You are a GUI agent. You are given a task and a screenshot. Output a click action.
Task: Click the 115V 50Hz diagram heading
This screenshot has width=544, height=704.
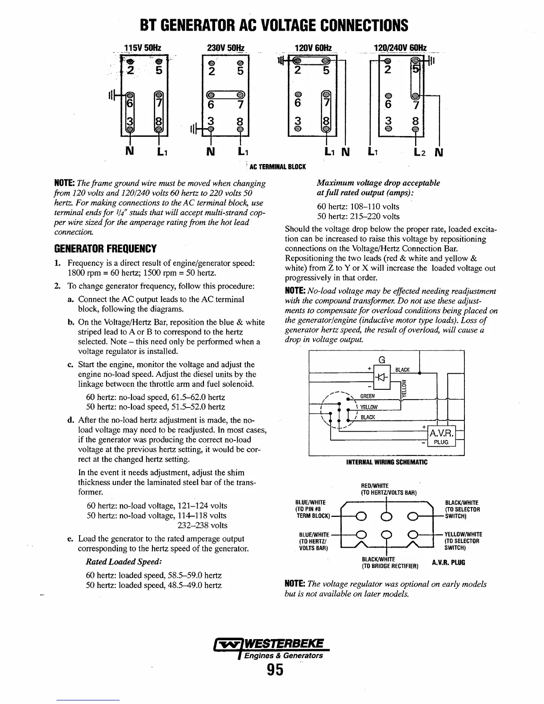[142, 48]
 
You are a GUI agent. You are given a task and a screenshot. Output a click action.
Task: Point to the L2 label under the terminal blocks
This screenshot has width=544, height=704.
[420, 153]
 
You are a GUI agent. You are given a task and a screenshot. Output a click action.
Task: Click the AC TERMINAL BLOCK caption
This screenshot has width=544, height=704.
[277, 167]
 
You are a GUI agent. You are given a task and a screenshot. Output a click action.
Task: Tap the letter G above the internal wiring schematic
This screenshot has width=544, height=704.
[381, 360]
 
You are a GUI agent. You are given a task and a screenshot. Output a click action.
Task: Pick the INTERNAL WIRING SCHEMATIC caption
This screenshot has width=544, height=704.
[387, 462]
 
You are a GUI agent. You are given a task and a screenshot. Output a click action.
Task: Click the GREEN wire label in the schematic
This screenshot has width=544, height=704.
[367, 396]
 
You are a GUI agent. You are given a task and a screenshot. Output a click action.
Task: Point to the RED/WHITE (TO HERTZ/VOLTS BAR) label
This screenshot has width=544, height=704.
[388, 489]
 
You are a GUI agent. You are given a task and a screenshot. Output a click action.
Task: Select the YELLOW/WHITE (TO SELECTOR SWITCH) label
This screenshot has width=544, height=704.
[463, 541]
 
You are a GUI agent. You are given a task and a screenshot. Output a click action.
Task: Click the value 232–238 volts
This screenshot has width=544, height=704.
[202, 525]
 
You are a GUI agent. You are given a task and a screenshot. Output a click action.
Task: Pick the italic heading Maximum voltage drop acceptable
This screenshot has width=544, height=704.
[378, 183]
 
